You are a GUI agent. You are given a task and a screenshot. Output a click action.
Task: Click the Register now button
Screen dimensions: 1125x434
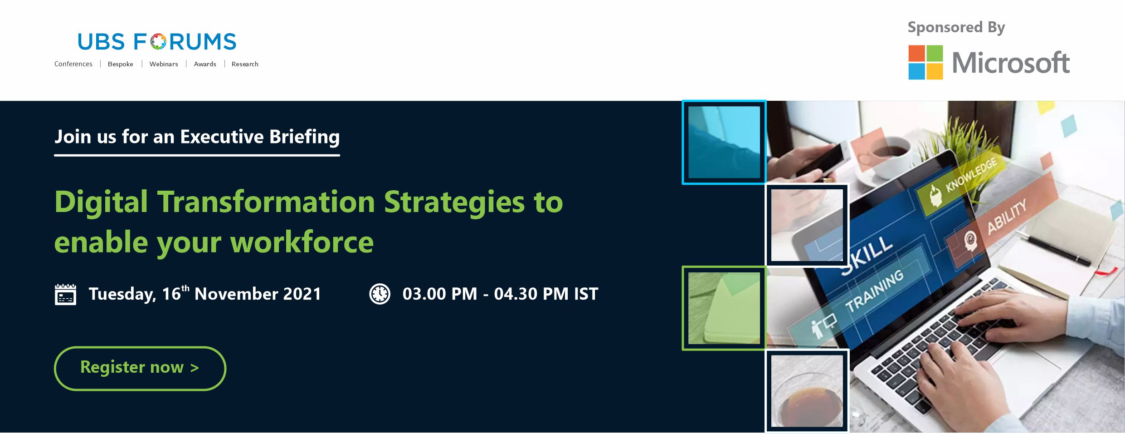(x=140, y=368)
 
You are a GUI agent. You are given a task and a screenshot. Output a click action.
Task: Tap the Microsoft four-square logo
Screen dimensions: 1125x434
(x=925, y=62)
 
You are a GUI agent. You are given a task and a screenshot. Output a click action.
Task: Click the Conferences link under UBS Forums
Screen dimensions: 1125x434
(x=73, y=64)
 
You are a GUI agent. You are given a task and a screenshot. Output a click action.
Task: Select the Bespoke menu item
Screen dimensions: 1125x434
(x=121, y=64)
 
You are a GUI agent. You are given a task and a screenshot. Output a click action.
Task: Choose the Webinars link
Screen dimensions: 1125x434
(x=164, y=64)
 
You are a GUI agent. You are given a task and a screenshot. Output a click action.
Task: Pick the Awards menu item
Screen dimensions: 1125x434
(x=205, y=64)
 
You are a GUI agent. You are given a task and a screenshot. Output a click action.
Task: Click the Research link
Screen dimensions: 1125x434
(x=245, y=64)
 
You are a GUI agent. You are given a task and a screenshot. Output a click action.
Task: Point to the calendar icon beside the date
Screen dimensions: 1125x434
(x=65, y=294)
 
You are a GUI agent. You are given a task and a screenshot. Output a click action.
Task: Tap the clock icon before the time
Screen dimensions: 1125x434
(x=380, y=294)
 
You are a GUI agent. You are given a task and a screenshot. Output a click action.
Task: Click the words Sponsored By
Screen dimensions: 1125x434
(x=956, y=28)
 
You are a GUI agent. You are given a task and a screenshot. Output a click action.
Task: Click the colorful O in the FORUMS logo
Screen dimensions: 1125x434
(x=158, y=42)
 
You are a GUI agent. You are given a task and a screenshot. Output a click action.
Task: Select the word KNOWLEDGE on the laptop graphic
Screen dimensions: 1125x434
(x=971, y=174)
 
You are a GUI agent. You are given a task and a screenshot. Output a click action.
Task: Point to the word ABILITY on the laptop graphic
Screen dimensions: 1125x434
(x=1007, y=217)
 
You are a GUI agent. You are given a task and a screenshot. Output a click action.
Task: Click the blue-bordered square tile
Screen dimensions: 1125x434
(x=724, y=142)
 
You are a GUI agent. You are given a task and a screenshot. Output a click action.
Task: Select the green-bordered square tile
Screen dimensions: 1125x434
(x=724, y=308)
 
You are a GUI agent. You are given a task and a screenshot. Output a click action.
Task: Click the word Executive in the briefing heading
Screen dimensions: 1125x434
(x=222, y=137)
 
